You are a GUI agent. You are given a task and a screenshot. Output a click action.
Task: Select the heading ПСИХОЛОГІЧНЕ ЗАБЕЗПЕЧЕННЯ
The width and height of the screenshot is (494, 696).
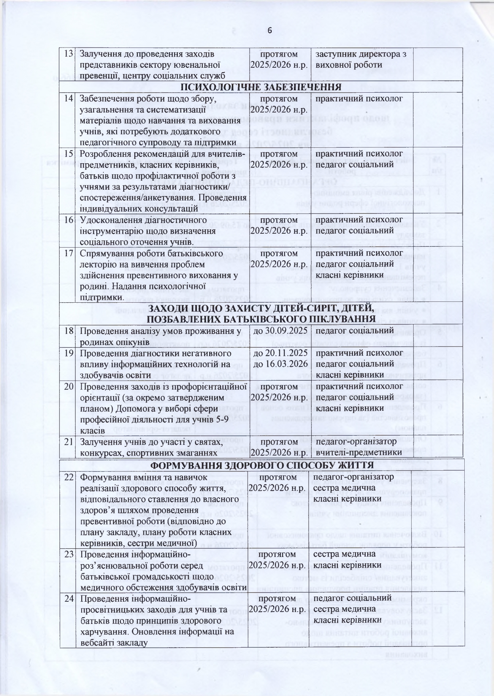tap(261, 87)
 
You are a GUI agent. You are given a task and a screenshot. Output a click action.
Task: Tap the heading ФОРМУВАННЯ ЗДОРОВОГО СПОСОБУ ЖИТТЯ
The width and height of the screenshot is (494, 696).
tap(262, 465)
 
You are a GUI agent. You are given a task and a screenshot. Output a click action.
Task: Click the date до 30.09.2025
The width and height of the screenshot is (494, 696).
tap(279, 330)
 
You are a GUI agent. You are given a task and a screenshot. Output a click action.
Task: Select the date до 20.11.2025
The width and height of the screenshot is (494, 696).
tap(279, 352)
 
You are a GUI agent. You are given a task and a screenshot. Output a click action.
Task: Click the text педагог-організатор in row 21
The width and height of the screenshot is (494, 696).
tap(356, 441)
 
